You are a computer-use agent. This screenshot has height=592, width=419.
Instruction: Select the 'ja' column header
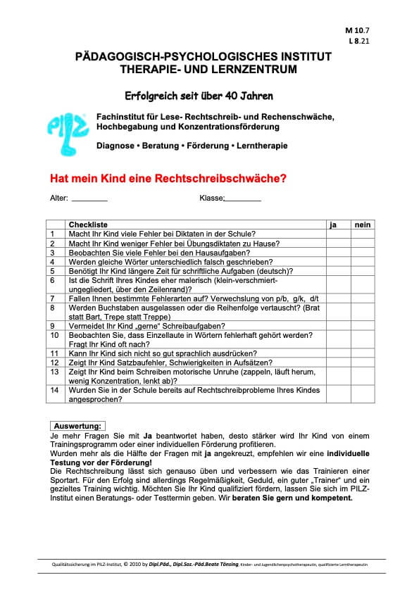[x=333, y=224]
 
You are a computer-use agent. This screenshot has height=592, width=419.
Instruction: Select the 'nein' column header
[x=363, y=224]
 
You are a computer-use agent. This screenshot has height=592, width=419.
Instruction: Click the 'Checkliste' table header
[x=87, y=224]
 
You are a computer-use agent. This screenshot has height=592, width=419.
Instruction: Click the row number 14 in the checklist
[x=54, y=389]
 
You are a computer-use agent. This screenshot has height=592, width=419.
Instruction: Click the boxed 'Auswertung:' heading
[x=77, y=426]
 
